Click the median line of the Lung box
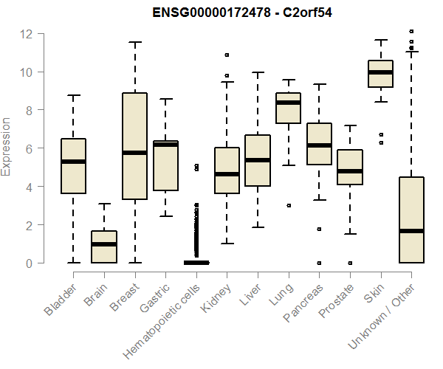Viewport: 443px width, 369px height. pos(288,103)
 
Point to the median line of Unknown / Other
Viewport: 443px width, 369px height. pos(412,231)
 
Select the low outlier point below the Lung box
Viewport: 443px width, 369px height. pos(288,205)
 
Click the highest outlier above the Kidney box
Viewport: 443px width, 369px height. pos(227,55)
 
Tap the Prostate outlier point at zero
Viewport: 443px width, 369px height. pos(350,263)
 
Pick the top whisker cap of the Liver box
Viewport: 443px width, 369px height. pos(258,72)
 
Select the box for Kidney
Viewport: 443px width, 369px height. pos(227,170)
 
